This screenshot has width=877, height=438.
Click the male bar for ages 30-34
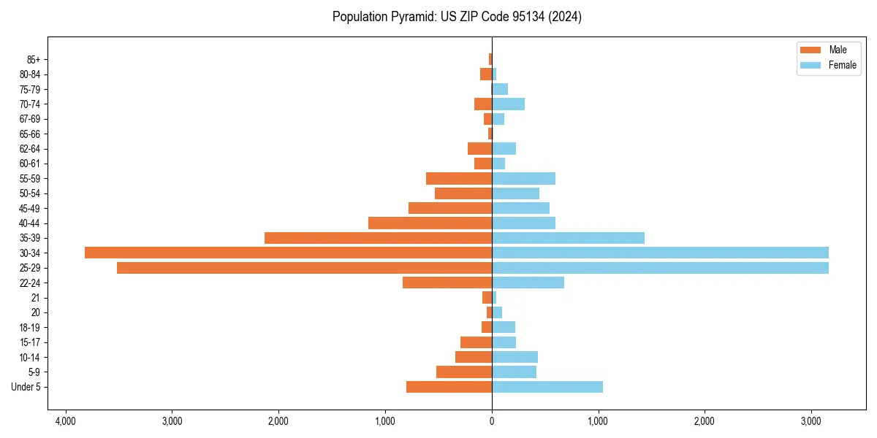pos(288,253)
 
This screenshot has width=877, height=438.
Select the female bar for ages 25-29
pos(660,268)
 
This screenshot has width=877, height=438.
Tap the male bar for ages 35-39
pos(378,238)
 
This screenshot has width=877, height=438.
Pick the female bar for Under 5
pos(547,387)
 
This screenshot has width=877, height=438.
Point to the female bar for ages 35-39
pos(568,238)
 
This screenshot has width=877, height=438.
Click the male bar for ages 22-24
pos(447,283)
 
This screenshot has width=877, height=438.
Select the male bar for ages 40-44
pos(430,223)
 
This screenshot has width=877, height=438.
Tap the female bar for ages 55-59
pos(523,178)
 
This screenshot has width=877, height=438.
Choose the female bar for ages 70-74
pos(508,104)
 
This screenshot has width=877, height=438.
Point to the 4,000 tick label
pos(65,422)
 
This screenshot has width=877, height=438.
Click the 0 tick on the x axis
pos(492,422)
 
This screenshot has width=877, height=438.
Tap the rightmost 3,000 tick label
pos(811,422)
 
